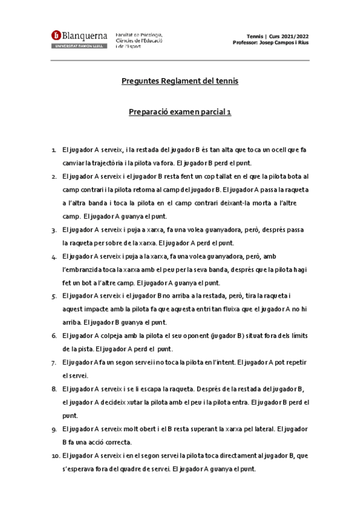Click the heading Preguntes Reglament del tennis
coord(180,81)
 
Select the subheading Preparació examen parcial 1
coord(180,112)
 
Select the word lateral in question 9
coord(255,429)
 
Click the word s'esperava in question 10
coord(79,469)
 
